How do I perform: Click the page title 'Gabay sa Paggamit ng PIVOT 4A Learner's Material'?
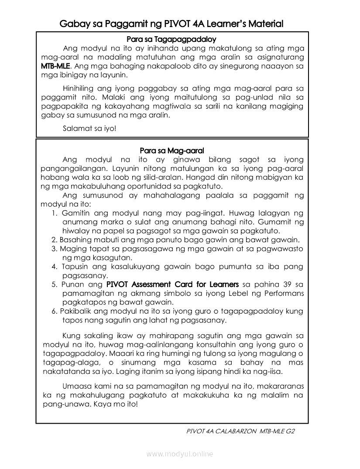point(171,24)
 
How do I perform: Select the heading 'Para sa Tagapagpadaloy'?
point(172,39)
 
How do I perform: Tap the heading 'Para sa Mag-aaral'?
point(172,151)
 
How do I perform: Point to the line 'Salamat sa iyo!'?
point(89,129)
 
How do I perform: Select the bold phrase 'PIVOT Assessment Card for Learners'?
point(172,284)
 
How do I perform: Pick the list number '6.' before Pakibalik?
point(54,312)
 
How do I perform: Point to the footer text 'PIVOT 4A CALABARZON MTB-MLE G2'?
point(240,431)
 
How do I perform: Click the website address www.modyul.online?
point(180,454)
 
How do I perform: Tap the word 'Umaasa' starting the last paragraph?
point(77,386)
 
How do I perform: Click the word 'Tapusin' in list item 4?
point(75,267)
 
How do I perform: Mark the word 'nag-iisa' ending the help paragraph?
point(269,372)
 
